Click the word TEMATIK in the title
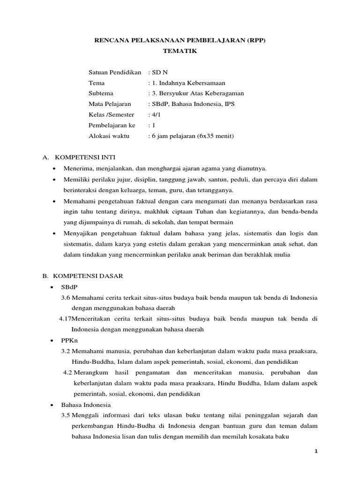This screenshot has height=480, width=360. (180, 51)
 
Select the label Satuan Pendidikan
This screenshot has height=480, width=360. (115, 73)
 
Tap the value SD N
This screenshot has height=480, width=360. (159, 73)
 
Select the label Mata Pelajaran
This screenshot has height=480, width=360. (110, 104)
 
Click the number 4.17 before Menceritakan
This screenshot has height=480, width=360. (65, 319)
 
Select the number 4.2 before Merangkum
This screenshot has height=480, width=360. (67, 372)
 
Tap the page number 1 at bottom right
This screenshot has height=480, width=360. (316, 451)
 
